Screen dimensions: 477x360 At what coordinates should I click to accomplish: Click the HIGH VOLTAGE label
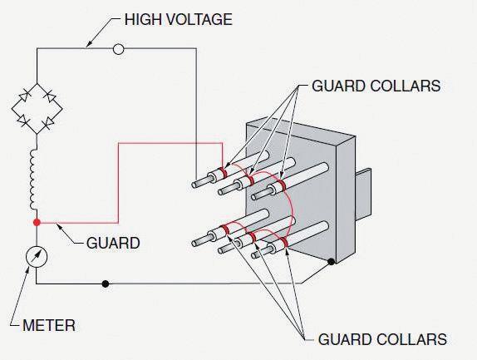point(179,19)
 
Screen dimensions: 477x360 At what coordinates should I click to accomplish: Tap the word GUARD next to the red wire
point(113,243)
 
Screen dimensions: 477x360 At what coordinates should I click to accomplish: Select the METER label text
point(49,325)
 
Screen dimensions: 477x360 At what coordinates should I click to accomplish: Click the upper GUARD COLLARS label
point(376,86)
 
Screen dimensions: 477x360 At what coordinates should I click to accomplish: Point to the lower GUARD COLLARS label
point(382,339)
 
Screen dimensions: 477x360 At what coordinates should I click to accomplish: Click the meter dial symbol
point(37,257)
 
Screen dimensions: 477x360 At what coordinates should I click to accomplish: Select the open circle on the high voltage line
point(118,49)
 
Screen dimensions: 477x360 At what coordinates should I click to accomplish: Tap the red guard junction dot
point(37,223)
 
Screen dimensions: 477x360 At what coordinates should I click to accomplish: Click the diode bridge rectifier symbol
point(37,109)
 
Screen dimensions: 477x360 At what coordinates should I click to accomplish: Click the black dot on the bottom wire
point(106,284)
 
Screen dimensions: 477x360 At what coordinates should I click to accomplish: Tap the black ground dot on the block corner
point(331,261)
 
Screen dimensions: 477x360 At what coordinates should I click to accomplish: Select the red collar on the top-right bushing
point(282,185)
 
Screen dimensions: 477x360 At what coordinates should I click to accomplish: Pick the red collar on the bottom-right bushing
point(283,242)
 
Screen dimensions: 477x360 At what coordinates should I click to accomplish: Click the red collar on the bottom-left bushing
point(225,229)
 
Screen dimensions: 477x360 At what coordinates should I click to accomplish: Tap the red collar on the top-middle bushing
point(250,180)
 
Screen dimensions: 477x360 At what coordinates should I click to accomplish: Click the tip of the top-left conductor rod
point(194,185)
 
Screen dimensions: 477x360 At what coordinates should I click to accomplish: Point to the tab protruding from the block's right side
point(363,194)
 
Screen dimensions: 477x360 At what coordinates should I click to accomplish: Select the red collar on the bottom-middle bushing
point(251,237)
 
